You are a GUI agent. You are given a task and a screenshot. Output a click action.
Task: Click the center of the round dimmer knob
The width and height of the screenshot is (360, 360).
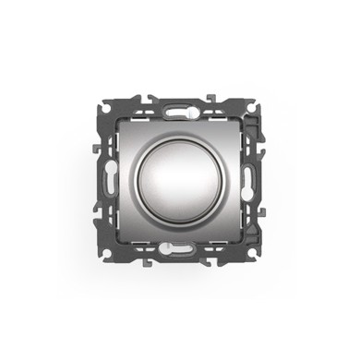pyautogui.click(x=179, y=179)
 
